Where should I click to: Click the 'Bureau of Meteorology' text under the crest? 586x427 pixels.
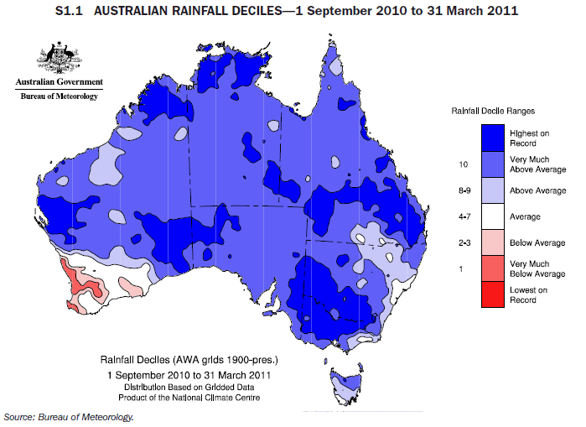[59, 97]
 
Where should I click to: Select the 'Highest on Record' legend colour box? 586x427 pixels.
[493, 137]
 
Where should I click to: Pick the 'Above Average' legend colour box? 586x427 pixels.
[493, 191]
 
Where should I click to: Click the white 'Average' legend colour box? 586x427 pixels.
[493, 216]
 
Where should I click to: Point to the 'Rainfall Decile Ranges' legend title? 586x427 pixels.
[493, 110]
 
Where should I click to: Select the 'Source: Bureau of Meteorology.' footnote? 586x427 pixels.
[69, 416]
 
